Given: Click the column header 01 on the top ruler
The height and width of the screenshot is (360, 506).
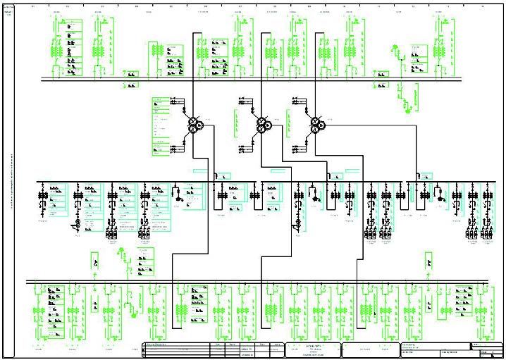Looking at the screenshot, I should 32,6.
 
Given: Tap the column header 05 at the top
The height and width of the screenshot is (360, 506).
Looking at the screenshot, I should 171,6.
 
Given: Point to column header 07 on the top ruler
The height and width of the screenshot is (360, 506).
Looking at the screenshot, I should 240,6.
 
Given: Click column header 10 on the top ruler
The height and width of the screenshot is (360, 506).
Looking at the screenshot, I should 344,6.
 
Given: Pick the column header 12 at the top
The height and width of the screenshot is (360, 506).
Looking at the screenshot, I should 413,6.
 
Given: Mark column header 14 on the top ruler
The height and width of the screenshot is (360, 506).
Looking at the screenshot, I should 482,6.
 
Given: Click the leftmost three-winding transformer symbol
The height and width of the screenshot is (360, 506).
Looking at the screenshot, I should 194,125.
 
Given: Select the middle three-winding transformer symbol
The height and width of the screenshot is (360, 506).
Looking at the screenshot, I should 262,125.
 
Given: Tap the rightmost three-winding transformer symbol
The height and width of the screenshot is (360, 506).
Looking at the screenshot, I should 316,125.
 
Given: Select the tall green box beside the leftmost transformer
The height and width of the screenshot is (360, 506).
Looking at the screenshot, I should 163,127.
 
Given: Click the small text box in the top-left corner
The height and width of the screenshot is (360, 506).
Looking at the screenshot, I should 9,9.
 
